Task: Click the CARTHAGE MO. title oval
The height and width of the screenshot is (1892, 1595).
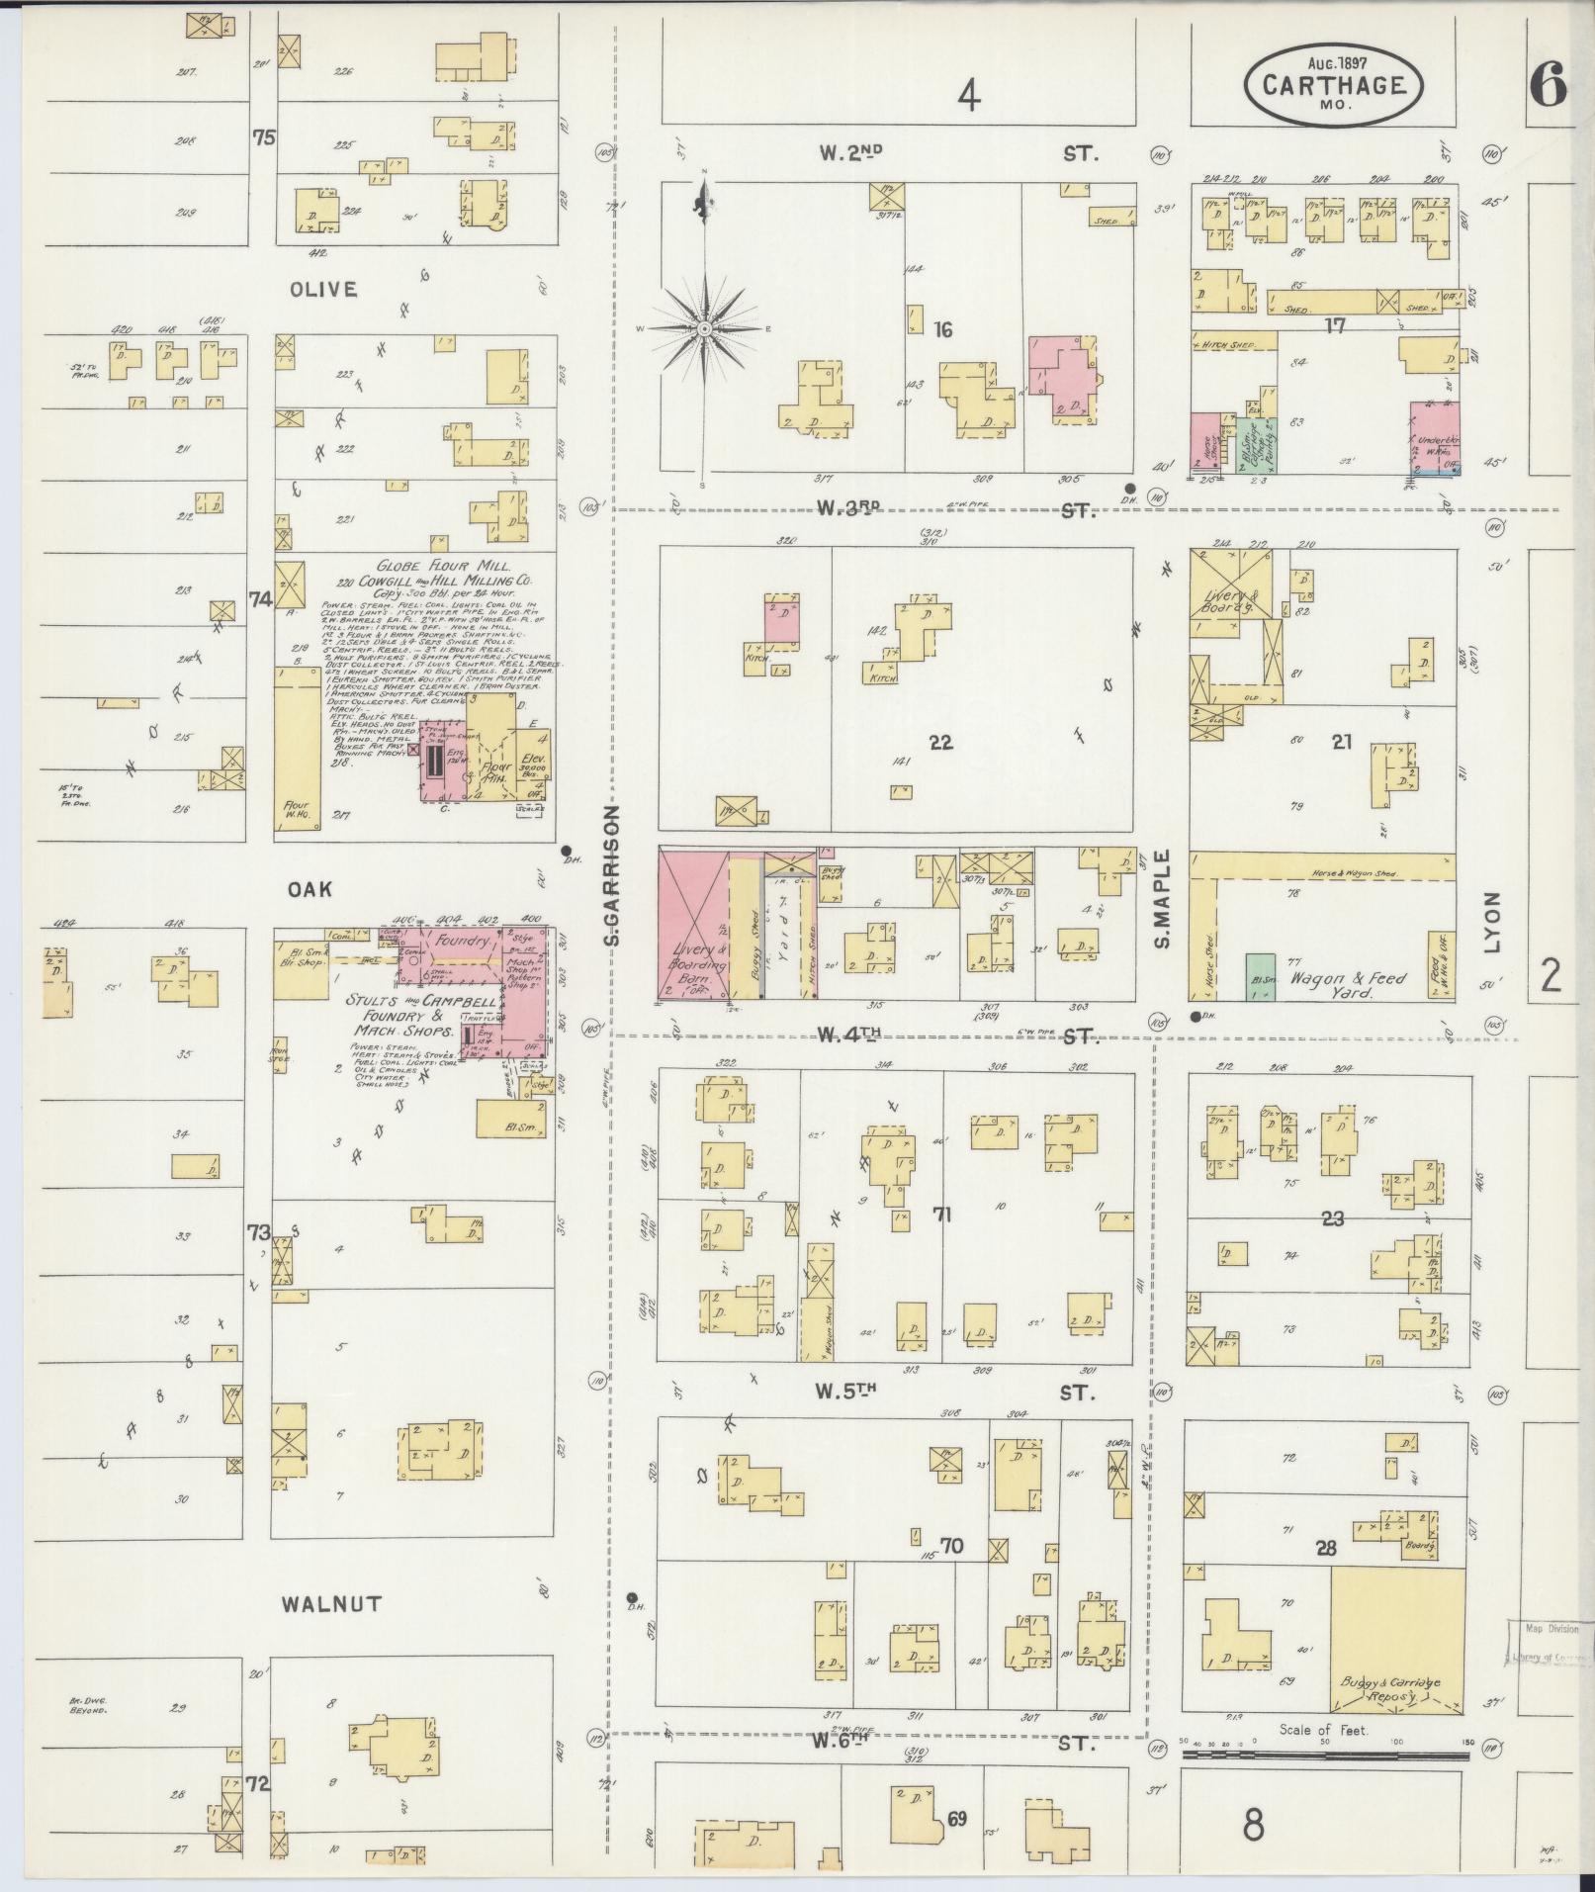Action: (x=1336, y=85)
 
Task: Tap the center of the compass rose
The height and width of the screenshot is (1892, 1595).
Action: (x=704, y=328)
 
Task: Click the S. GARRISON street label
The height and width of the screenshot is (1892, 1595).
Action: (x=613, y=873)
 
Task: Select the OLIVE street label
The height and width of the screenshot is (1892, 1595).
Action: (x=322, y=290)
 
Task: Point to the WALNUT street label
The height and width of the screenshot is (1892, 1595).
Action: (x=331, y=1603)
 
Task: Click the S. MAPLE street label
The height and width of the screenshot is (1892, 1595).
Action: (x=1162, y=898)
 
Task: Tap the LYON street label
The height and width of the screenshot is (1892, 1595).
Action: (x=1491, y=922)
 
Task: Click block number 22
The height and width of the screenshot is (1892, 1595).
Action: (x=940, y=741)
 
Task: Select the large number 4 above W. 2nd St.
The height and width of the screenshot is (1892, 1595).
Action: (x=969, y=97)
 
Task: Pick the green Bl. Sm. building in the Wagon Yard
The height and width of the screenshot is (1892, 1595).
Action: (x=1259, y=977)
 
